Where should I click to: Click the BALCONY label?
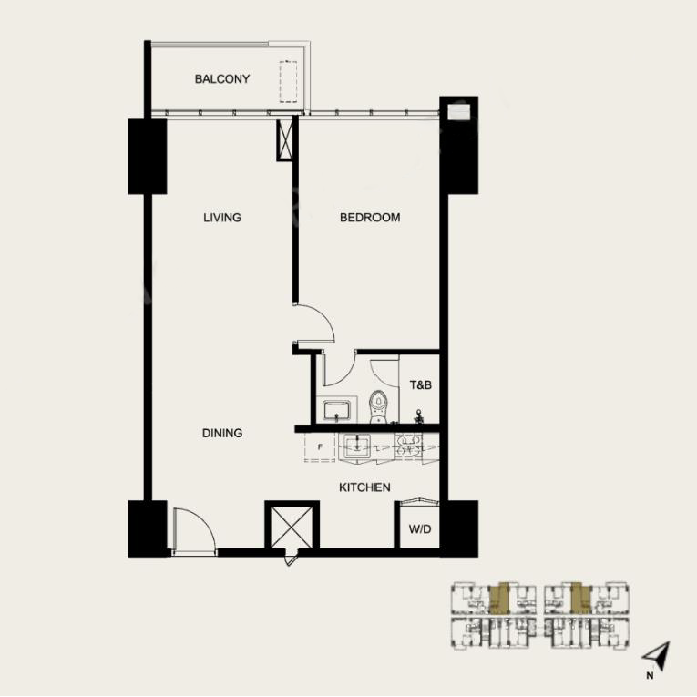pos(221,79)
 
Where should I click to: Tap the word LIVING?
pos(221,218)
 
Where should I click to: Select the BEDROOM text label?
pos(370,218)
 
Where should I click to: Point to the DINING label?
pos(222,433)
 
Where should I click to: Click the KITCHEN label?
pos(364,487)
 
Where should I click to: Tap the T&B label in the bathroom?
pos(420,385)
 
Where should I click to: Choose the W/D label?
pos(419,528)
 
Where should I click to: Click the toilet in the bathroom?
pos(379,404)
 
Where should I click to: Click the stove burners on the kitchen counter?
pos(406,446)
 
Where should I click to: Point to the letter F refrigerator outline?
pos(320,447)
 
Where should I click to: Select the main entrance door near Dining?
pos(193,529)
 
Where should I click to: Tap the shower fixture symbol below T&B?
pos(419,415)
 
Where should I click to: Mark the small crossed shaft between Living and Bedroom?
pos(285,138)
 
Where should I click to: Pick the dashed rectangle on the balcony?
pos(289,80)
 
